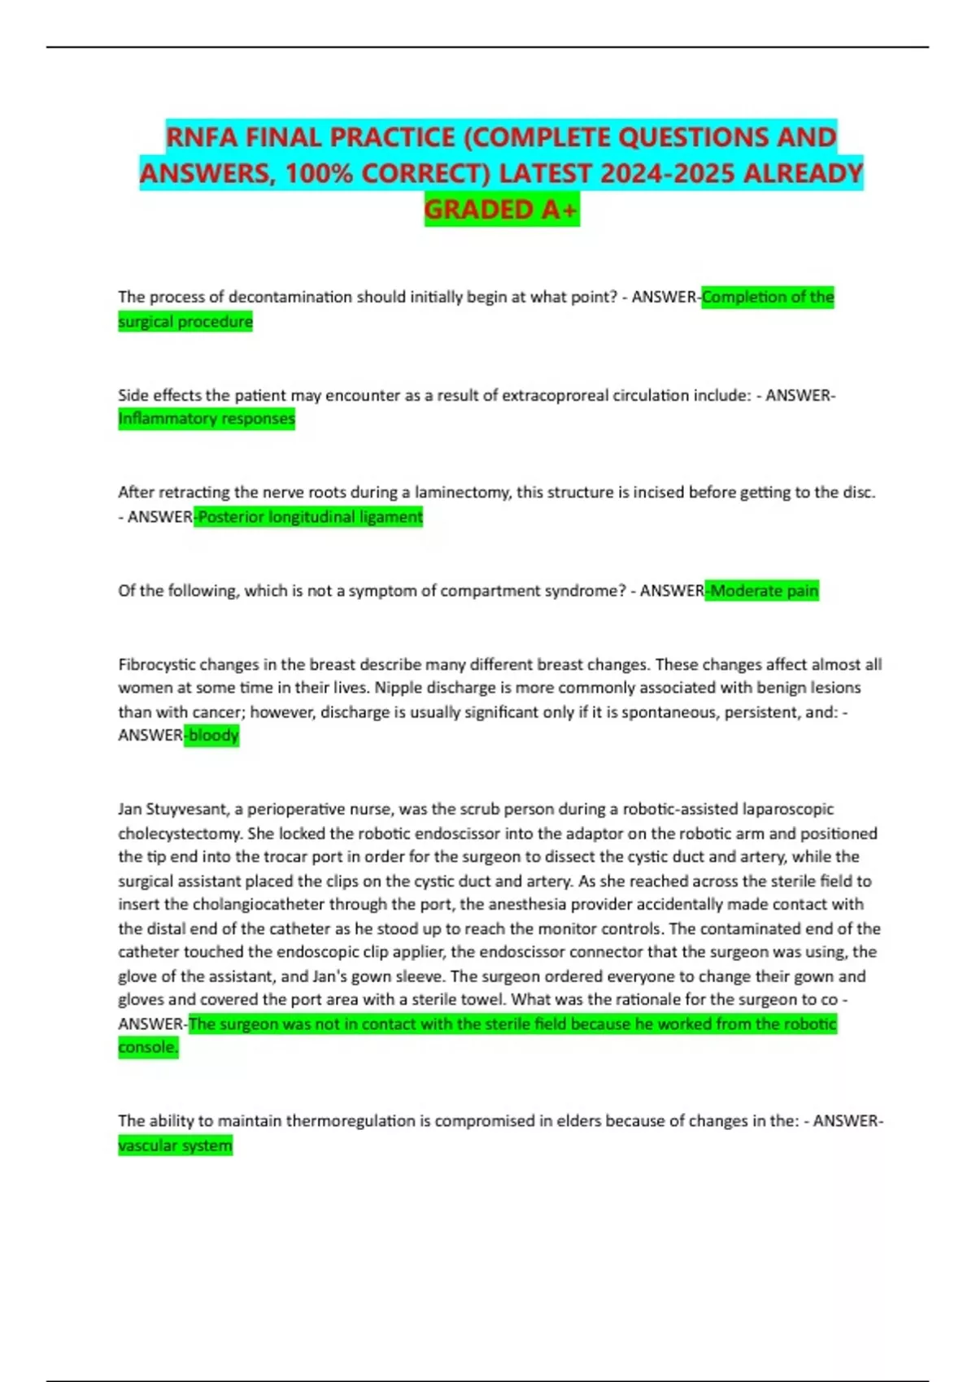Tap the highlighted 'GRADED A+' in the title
[501, 210]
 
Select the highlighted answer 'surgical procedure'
[185, 322]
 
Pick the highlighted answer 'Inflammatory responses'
[207, 419]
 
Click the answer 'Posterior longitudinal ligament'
[310, 517]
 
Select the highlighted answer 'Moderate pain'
[764, 591]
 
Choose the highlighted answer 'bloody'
[213, 736]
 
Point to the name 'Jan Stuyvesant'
[174, 810]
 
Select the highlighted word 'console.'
[148, 1048]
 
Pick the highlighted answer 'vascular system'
[175, 1146]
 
